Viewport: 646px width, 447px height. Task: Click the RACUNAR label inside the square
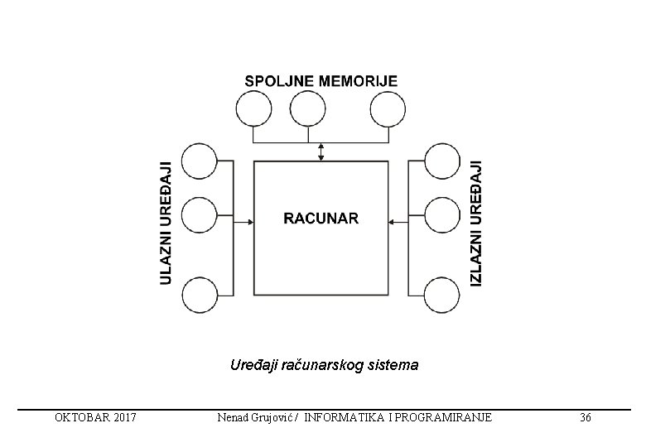tap(321, 219)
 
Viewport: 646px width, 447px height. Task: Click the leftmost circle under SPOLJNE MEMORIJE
tap(253, 108)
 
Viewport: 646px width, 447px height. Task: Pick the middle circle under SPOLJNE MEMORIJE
tap(308, 108)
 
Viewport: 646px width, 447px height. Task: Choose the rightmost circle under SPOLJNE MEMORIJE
tap(388, 108)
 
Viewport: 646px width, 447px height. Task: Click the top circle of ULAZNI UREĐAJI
tap(199, 161)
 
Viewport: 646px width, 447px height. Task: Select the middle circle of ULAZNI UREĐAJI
tap(199, 215)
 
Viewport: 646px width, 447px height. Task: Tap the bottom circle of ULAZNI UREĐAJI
tap(199, 296)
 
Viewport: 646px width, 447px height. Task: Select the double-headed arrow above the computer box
tap(321, 151)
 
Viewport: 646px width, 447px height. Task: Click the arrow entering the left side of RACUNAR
tap(244, 220)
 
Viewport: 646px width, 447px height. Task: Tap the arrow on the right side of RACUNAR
tap(396, 220)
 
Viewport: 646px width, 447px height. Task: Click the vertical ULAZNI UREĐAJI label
tap(166, 223)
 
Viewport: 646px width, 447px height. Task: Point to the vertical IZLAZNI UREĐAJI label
tap(475, 223)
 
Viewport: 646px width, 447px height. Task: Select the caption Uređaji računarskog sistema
tap(324, 364)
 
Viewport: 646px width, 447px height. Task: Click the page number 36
tap(586, 417)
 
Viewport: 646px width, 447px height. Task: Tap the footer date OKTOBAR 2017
tap(96, 417)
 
